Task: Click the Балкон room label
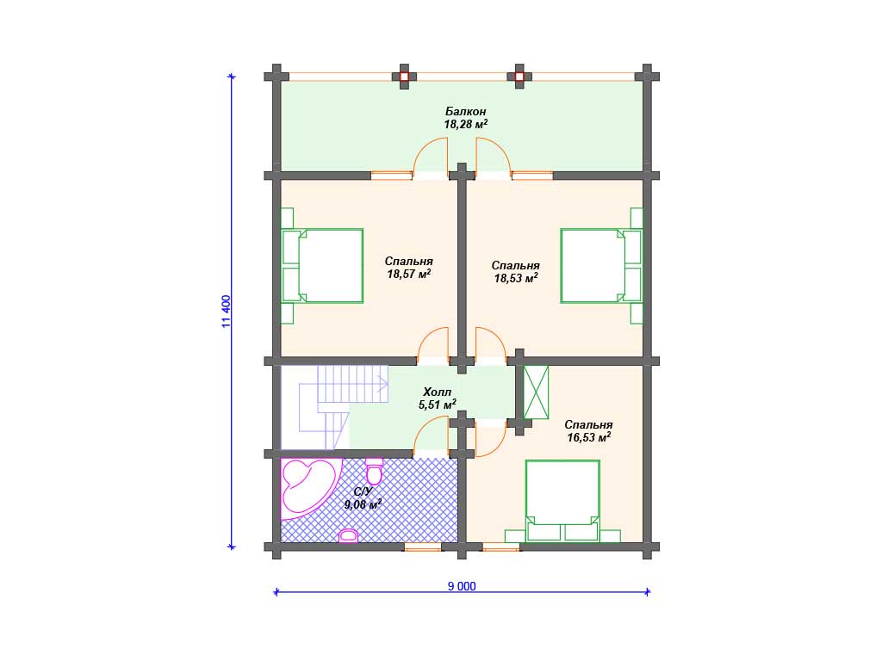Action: coord(465,111)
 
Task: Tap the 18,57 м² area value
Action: coord(409,274)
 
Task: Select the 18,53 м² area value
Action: coord(516,278)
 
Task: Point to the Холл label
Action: coord(437,392)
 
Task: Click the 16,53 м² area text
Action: coord(589,436)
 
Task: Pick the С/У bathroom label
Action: coord(363,491)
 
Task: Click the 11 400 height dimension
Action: coord(227,312)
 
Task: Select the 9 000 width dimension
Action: coord(462,586)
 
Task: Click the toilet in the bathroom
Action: coord(374,471)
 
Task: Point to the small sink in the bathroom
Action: coord(349,535)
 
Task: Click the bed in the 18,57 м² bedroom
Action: coord(322,266)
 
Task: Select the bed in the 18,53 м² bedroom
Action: coord(601,266)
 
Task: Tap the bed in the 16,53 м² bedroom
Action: coord(562,501)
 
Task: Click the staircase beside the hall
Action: coord(343,407)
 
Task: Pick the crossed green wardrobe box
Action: coord(536,392)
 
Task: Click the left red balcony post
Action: coord(405,77)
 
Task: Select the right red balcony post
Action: coord(519,77)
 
